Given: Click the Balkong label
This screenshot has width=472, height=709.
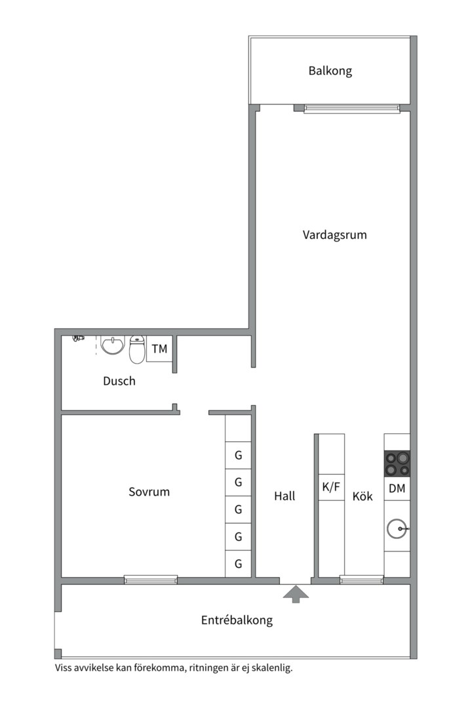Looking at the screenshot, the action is (x=330, y=71).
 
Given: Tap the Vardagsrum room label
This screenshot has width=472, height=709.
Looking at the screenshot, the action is (x=335, y=234).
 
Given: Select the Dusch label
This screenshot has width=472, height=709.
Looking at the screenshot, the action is (x=119, y=381).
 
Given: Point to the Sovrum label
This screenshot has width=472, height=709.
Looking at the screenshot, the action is (x=149, y=492).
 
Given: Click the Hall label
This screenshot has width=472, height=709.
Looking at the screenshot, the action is (x=285, y=496).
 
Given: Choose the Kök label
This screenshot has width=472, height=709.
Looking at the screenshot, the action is (x=363, y=496).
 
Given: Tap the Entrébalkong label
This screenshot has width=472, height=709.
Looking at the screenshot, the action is (x=237, y=620).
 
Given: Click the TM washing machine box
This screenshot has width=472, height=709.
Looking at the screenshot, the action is (x=159, y=349).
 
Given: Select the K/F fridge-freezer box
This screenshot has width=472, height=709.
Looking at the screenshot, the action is (x=332, y=487).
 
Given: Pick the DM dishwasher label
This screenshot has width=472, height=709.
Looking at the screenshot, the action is (x=397, y=488).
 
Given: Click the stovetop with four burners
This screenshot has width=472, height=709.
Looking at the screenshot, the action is (x=397, y=463).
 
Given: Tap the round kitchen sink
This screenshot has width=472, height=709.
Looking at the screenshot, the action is (x=398, y=528).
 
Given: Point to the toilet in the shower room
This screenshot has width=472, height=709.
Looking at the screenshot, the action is (x=137, y=349).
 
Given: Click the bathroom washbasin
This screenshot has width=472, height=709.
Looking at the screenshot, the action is (x=113, y=346).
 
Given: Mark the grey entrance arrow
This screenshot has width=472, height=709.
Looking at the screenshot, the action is (x=296, y=594).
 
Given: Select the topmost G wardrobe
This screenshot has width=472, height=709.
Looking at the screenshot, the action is (x=239, y=456).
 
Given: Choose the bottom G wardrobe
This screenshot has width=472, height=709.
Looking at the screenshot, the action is (x=239, y=564).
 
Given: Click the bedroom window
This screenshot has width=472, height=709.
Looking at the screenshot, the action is (x=151, y=580).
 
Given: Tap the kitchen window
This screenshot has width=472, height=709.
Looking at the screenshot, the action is (x=362, y=579).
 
